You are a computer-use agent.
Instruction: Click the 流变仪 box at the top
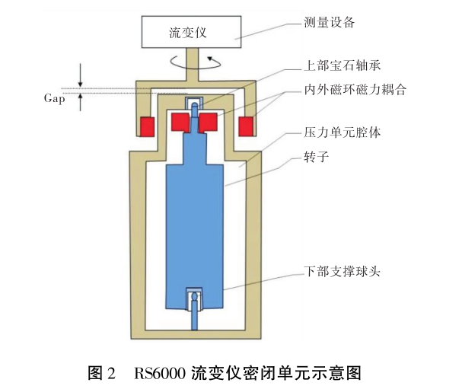coord(187,32)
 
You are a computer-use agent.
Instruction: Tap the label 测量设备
coord(330,22)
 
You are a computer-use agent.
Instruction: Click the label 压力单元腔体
coord(343,132)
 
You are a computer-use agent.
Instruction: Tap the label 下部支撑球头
coord(342,272)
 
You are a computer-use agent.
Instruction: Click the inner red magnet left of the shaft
coord(180,121)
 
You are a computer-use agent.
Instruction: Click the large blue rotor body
coord(196,221)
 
